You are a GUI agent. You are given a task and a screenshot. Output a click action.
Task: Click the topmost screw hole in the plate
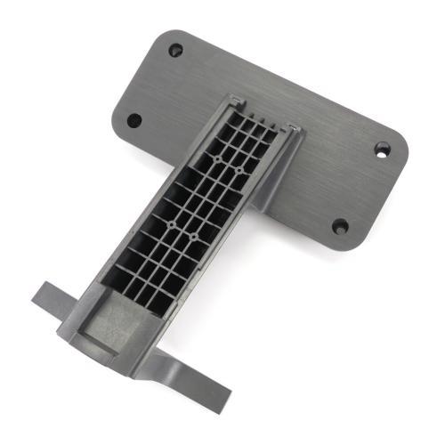[x=175, y=50]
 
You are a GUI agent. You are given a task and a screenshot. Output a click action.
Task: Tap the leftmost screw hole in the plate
[x=133, y=120]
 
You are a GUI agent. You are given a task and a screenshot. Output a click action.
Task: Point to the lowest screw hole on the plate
[x=340, y=226]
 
